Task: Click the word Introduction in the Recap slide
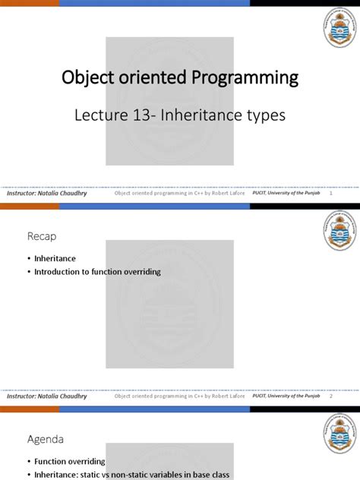[x=59, y=271]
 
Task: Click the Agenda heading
[x=47, y=439]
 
